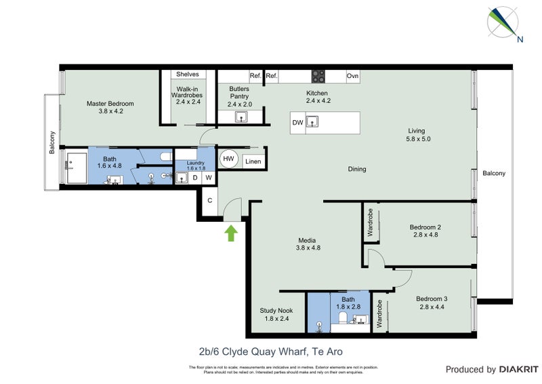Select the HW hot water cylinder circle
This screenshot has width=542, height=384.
[229, 159]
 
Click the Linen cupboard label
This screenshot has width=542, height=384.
[253, 161]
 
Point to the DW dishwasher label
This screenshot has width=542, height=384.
[297, 123]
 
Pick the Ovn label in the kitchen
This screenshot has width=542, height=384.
[352, 76]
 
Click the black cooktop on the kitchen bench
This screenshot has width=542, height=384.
[318, 76]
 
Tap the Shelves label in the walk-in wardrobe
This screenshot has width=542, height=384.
[187, 75]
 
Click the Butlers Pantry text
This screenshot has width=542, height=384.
[239, 93]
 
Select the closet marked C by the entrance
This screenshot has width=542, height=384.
[210, 201]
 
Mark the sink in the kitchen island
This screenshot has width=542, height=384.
[312, 122]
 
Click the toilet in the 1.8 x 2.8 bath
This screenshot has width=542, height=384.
[343, 318]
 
